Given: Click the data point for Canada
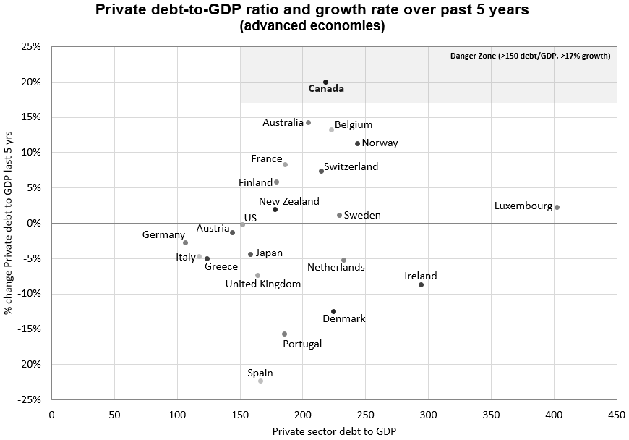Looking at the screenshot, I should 325,82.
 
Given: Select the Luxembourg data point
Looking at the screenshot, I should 557,207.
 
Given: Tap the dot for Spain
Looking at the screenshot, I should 260,381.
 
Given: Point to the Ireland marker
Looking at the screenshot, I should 421,284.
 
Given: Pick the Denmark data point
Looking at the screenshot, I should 333,311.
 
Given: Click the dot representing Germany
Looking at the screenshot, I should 185,242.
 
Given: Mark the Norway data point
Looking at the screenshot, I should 357,143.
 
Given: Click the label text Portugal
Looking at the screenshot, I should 302,344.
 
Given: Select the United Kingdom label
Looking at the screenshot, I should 263,284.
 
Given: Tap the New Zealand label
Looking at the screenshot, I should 288,202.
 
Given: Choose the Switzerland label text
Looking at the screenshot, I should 351,166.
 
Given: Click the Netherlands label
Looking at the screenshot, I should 335,267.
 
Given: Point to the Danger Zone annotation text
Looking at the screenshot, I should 530,56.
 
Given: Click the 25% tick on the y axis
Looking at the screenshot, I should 30,47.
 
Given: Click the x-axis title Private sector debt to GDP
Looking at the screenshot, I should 334,431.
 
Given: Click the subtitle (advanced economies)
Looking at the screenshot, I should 312,26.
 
